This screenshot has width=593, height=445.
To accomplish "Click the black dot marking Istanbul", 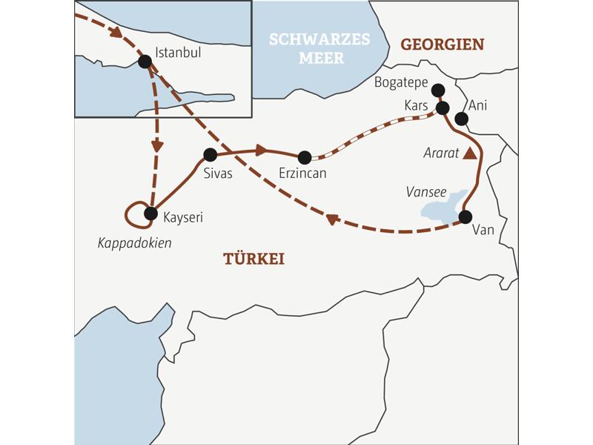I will pos(145,62).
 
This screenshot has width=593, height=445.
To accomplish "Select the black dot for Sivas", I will pos(210,155).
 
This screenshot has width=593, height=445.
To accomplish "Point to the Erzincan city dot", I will pos(304,157).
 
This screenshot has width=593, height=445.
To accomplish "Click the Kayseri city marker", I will pos(150,214).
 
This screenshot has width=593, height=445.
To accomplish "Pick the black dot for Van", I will pos(465,217).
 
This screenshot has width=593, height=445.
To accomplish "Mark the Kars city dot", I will pos(443,108).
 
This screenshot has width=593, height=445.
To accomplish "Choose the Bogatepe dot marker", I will pos(437,90).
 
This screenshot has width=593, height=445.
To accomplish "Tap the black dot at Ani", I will pos(461,119).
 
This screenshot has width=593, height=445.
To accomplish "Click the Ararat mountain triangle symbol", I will pos(469,154).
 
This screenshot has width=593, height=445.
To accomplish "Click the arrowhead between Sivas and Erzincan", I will pos(260,151).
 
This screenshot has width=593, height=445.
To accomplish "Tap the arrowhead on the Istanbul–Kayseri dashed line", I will pos(157,145).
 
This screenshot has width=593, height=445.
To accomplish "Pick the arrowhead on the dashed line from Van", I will pos(333,220).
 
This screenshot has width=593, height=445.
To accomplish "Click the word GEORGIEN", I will pos(443,44).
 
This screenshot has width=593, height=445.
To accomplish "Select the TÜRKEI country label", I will pos(254,258).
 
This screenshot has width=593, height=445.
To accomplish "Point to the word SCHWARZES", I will pos(319,39).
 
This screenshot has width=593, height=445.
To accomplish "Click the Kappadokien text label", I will pos(134,243).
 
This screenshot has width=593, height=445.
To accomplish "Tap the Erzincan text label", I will pos(302,173).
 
